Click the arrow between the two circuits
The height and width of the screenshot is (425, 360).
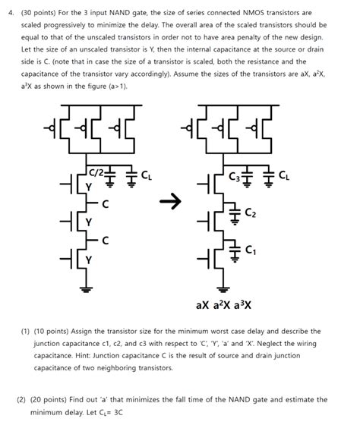click(174, 201)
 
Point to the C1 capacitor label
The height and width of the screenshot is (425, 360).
click(251, 250)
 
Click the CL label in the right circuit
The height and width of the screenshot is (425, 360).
click(283, 175)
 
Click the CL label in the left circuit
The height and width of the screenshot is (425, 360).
click(147, 175)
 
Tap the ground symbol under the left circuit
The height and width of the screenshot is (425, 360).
click(86, 288)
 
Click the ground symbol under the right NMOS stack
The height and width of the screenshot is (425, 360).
click(223, 288)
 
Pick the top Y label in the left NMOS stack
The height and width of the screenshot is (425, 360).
click(89, 186)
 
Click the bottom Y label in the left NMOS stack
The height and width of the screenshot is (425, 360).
click(89, 259)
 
